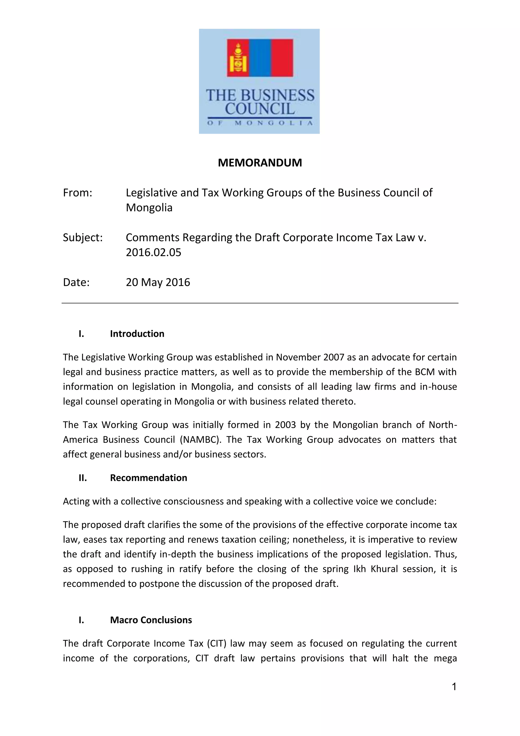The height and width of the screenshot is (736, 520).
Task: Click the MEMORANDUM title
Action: tap(260, 163)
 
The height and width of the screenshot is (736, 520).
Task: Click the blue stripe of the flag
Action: tap(260, 58)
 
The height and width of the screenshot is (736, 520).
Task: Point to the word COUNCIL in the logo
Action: tap(260, 109)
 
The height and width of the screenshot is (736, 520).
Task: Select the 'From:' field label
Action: tap(77, 193)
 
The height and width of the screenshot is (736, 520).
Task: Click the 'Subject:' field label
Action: tap(83, 237)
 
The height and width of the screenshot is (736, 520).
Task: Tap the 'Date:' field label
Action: tap(76, 282)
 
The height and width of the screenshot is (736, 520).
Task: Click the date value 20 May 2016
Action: tap(158, 282)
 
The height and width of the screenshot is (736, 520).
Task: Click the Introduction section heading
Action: tap(137, 334)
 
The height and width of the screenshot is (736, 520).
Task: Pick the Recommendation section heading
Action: tap(149, 478)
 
